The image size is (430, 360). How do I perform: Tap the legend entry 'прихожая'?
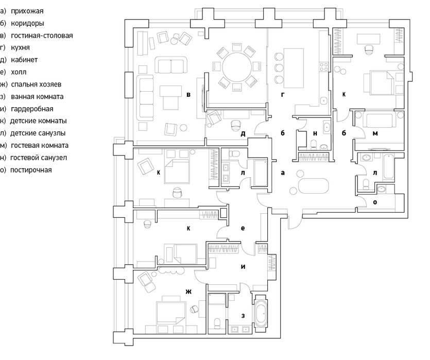coord(27,11)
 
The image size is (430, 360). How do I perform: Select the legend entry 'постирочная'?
coord(31,170)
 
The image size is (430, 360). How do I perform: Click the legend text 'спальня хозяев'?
coord(36,84)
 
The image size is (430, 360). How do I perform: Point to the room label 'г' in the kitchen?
coord(283,95)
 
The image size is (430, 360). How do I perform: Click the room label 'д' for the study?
coord(243,134)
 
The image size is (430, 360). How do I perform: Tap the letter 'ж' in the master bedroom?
coord(188,292)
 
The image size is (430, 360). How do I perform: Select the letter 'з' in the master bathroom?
coord(243,316)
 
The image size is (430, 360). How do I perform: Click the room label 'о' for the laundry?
coord(375,202)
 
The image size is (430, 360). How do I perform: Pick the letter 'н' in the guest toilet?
coord(315,133)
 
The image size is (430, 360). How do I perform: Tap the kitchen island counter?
coord(294,68)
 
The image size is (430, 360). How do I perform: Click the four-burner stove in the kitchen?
coord(323,67)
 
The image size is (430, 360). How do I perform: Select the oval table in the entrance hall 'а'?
coord(313,186)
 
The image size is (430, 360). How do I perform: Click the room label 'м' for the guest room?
coord(375,133)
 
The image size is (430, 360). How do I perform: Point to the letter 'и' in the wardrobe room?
coord(243,266)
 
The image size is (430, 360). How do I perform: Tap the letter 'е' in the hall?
coord(243,228)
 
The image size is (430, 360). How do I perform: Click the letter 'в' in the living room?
coord(188,95)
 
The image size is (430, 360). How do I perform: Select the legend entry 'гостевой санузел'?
coord(39,158)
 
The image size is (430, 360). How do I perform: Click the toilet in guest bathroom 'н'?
coord(314,144)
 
